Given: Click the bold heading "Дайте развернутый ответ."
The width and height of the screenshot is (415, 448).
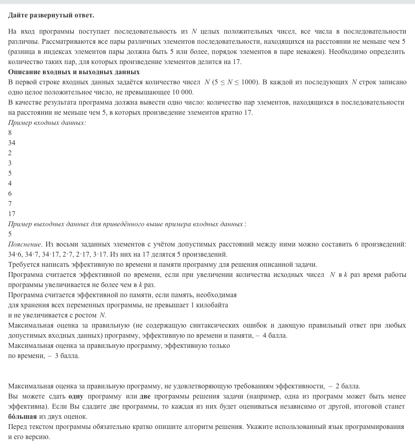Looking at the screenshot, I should pyautogui.click(x=51, y=15).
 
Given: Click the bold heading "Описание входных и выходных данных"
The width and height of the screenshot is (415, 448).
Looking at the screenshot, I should pyautogui.click(x=74, y=72).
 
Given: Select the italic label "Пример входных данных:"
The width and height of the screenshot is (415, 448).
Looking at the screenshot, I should pyautogui.click(x=47, y=122).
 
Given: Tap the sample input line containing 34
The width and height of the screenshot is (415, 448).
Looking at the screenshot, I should pyautogui.click(x=12, y=143).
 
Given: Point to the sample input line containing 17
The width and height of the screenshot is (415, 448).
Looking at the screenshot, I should pyautogui.click(x=12, y=214).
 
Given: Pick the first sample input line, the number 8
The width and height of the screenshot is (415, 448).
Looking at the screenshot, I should pyautogui.click(x=10, y=133).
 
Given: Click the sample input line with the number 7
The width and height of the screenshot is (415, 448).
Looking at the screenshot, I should pyautogui.click(x=10, y=204).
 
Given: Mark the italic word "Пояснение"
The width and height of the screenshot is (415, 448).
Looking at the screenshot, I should pyautogui.click(x=25, y=244).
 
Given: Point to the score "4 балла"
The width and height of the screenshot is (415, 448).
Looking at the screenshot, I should pyautogui.click(x=275, y=335).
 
